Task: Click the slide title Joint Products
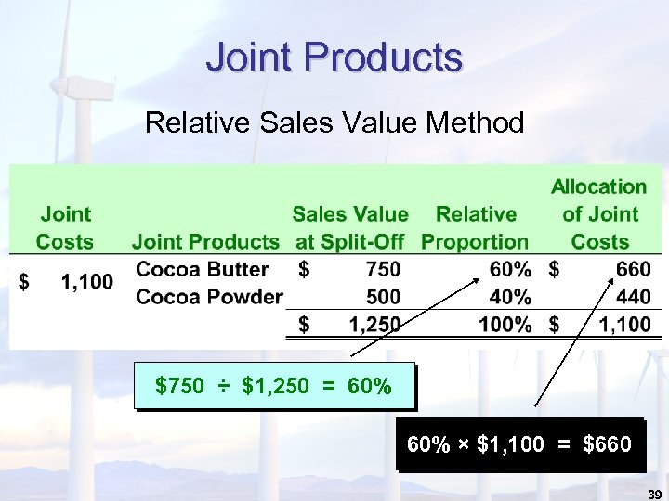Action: [334, 58]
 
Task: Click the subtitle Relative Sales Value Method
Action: [334, 122]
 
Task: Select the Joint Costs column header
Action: [65, 228]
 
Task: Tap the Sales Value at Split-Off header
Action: [350, 228]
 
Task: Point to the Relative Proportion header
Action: [475, 228]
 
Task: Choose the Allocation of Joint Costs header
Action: [599, 214]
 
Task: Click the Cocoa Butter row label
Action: [202, 269]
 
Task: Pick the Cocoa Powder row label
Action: [209, 297]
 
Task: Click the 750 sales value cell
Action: [384, 270]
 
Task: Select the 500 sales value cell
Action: [384, 297]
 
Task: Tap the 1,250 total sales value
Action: [374, 325]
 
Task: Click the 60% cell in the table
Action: [512, 270]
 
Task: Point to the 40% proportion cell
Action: [512, 297]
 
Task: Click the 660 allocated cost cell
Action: [634, 270]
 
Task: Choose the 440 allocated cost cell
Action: [634, 297]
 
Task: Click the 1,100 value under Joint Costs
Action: [86, 282]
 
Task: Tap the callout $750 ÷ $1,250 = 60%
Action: [273, 385]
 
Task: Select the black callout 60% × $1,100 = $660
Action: [518, 444]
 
